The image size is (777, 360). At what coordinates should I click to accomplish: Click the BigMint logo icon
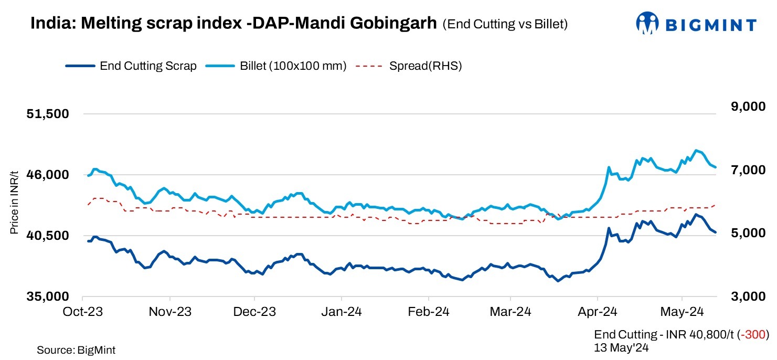[x=647, y=23]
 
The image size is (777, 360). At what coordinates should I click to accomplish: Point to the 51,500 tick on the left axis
[x=48, y=114]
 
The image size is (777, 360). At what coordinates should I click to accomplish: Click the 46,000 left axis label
[x=48, y=175]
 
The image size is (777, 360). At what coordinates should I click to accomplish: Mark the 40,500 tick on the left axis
[x=48, y=236]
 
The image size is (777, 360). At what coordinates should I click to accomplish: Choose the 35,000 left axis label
[x=48, y=297]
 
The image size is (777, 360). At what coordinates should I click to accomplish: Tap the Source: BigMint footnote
[x=76, y=350]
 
